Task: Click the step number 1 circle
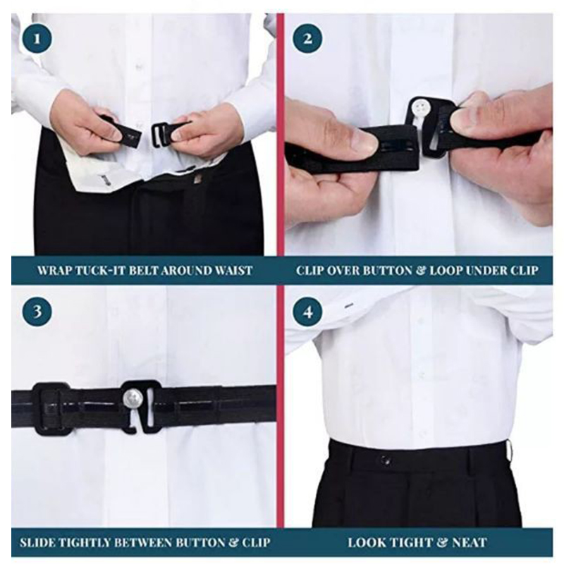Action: point(37,39)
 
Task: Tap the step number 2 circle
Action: point(307,39)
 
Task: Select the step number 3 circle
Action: point(37,311)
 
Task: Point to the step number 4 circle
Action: point(307,311)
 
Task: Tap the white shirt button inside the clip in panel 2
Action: point(421,107)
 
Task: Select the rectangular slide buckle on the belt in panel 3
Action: point(51,409)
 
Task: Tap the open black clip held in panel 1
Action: point(161,134)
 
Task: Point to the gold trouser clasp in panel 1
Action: point(197,179)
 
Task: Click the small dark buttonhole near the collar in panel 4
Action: point(348,306)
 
